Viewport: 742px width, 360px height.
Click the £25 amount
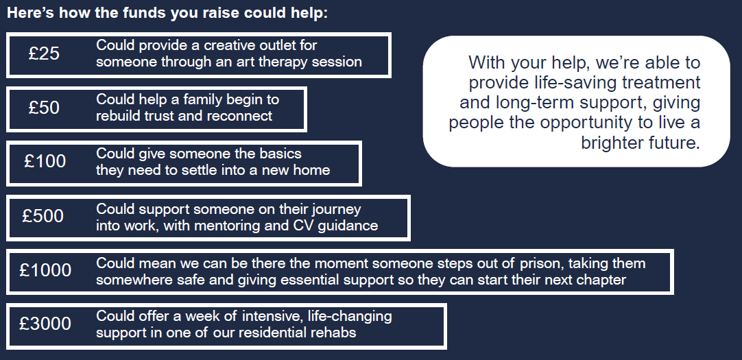coord(45,54)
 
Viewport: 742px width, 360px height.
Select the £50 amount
coord(45,108)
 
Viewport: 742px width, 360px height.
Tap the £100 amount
coord(45,162)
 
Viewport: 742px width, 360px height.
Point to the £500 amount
coord(43,217)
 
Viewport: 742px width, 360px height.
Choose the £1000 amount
coord(45,270)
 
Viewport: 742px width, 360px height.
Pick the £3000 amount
coord(45,324)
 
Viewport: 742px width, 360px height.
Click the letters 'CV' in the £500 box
coord(307,226)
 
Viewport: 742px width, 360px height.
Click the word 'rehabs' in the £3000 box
coord(334,333)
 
